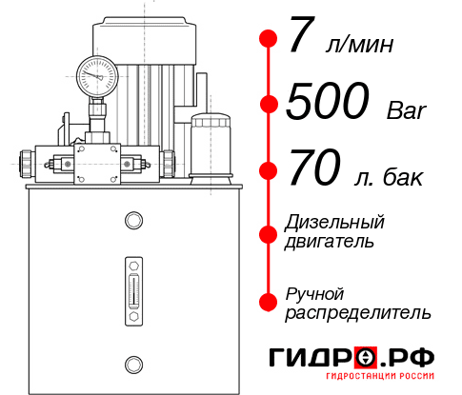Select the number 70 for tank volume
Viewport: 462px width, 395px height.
click(x=312, y=170)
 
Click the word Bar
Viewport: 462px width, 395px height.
click(x=407, y=111)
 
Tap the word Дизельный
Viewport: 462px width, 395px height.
click(x=335, y=223)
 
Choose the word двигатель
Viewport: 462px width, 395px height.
click(x=330, y=242)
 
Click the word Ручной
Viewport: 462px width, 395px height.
click(x=314, y=292)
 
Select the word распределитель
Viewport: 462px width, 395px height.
click(x=358, y=312)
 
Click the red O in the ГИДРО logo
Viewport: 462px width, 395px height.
click(x=365, y=358)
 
